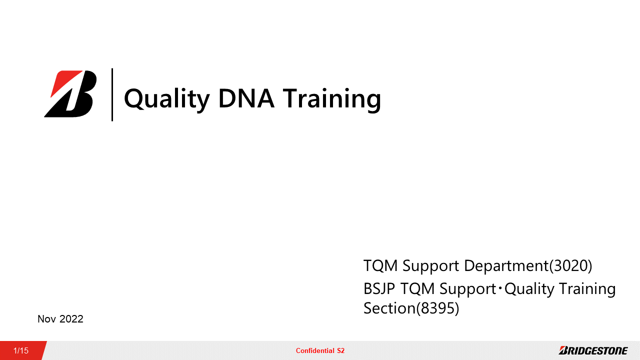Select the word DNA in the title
(x=246, y=98)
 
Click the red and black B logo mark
(x=70, y=93)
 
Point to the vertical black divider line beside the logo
(x=112, y=94)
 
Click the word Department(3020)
(x=528, y=265)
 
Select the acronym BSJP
(x=379, y=288)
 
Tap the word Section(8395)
(x=411, y=308)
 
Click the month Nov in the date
(x=46, y=319)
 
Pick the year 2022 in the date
(x=71, y=319)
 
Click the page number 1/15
(x=21, y=350)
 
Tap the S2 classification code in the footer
(x=340, y=350)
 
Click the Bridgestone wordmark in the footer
(x=593, y=350)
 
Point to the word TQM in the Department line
(x=380, y=265)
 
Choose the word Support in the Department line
(x=431, y=267)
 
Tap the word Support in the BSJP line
(x=467, y=289)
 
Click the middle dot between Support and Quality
(x=500, y=288)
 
